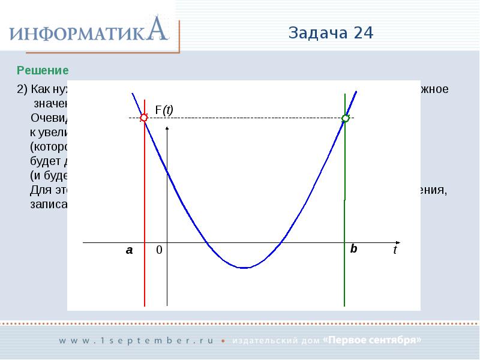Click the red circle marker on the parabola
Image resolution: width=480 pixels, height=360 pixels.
144,118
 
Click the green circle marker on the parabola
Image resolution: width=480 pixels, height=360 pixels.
345,118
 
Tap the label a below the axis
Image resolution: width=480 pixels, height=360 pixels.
129,251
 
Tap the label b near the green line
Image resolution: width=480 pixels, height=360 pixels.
353,248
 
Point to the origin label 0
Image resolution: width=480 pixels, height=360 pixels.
159,251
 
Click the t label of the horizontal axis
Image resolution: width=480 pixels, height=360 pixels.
395,251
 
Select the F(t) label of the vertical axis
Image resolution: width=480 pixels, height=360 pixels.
164,110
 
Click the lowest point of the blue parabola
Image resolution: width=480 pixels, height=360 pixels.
243,268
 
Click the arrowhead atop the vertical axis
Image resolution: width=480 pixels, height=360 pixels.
167,129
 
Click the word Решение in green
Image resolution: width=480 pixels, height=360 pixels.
43,70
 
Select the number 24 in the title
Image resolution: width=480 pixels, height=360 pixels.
364,33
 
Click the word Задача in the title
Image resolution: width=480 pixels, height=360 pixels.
318,33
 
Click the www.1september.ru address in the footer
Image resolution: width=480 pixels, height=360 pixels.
136,340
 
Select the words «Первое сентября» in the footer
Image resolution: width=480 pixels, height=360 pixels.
372,340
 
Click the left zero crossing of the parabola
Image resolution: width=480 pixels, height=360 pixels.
207,243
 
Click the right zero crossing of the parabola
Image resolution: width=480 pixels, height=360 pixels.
280,243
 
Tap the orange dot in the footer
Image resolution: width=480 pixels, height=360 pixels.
223,341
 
